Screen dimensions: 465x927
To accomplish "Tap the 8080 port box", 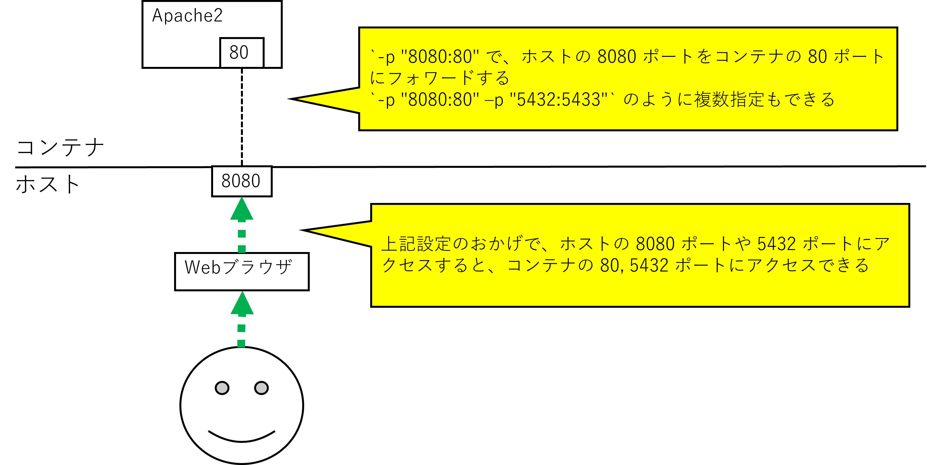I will pos(241,181).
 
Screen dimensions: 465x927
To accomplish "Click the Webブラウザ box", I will pos(241,271).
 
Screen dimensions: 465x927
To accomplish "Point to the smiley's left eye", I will pos(222,388).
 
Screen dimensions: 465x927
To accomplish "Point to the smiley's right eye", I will pos(261,388).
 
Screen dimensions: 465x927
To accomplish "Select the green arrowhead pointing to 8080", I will pos(241,209).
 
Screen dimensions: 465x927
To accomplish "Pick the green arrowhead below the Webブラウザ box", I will pos(242,303).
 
